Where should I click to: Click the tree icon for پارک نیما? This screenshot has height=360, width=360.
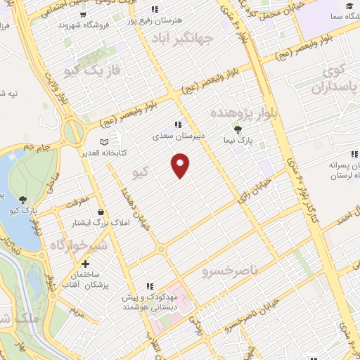(x=237, y=129)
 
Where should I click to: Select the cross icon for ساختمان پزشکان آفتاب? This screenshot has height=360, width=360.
(x=86, y=265)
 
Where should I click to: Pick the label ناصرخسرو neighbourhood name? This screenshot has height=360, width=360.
(x=231, y=269)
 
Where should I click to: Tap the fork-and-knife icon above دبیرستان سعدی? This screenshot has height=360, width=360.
(x=186, y=124)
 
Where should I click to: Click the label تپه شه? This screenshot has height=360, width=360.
(x=15, y=93)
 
